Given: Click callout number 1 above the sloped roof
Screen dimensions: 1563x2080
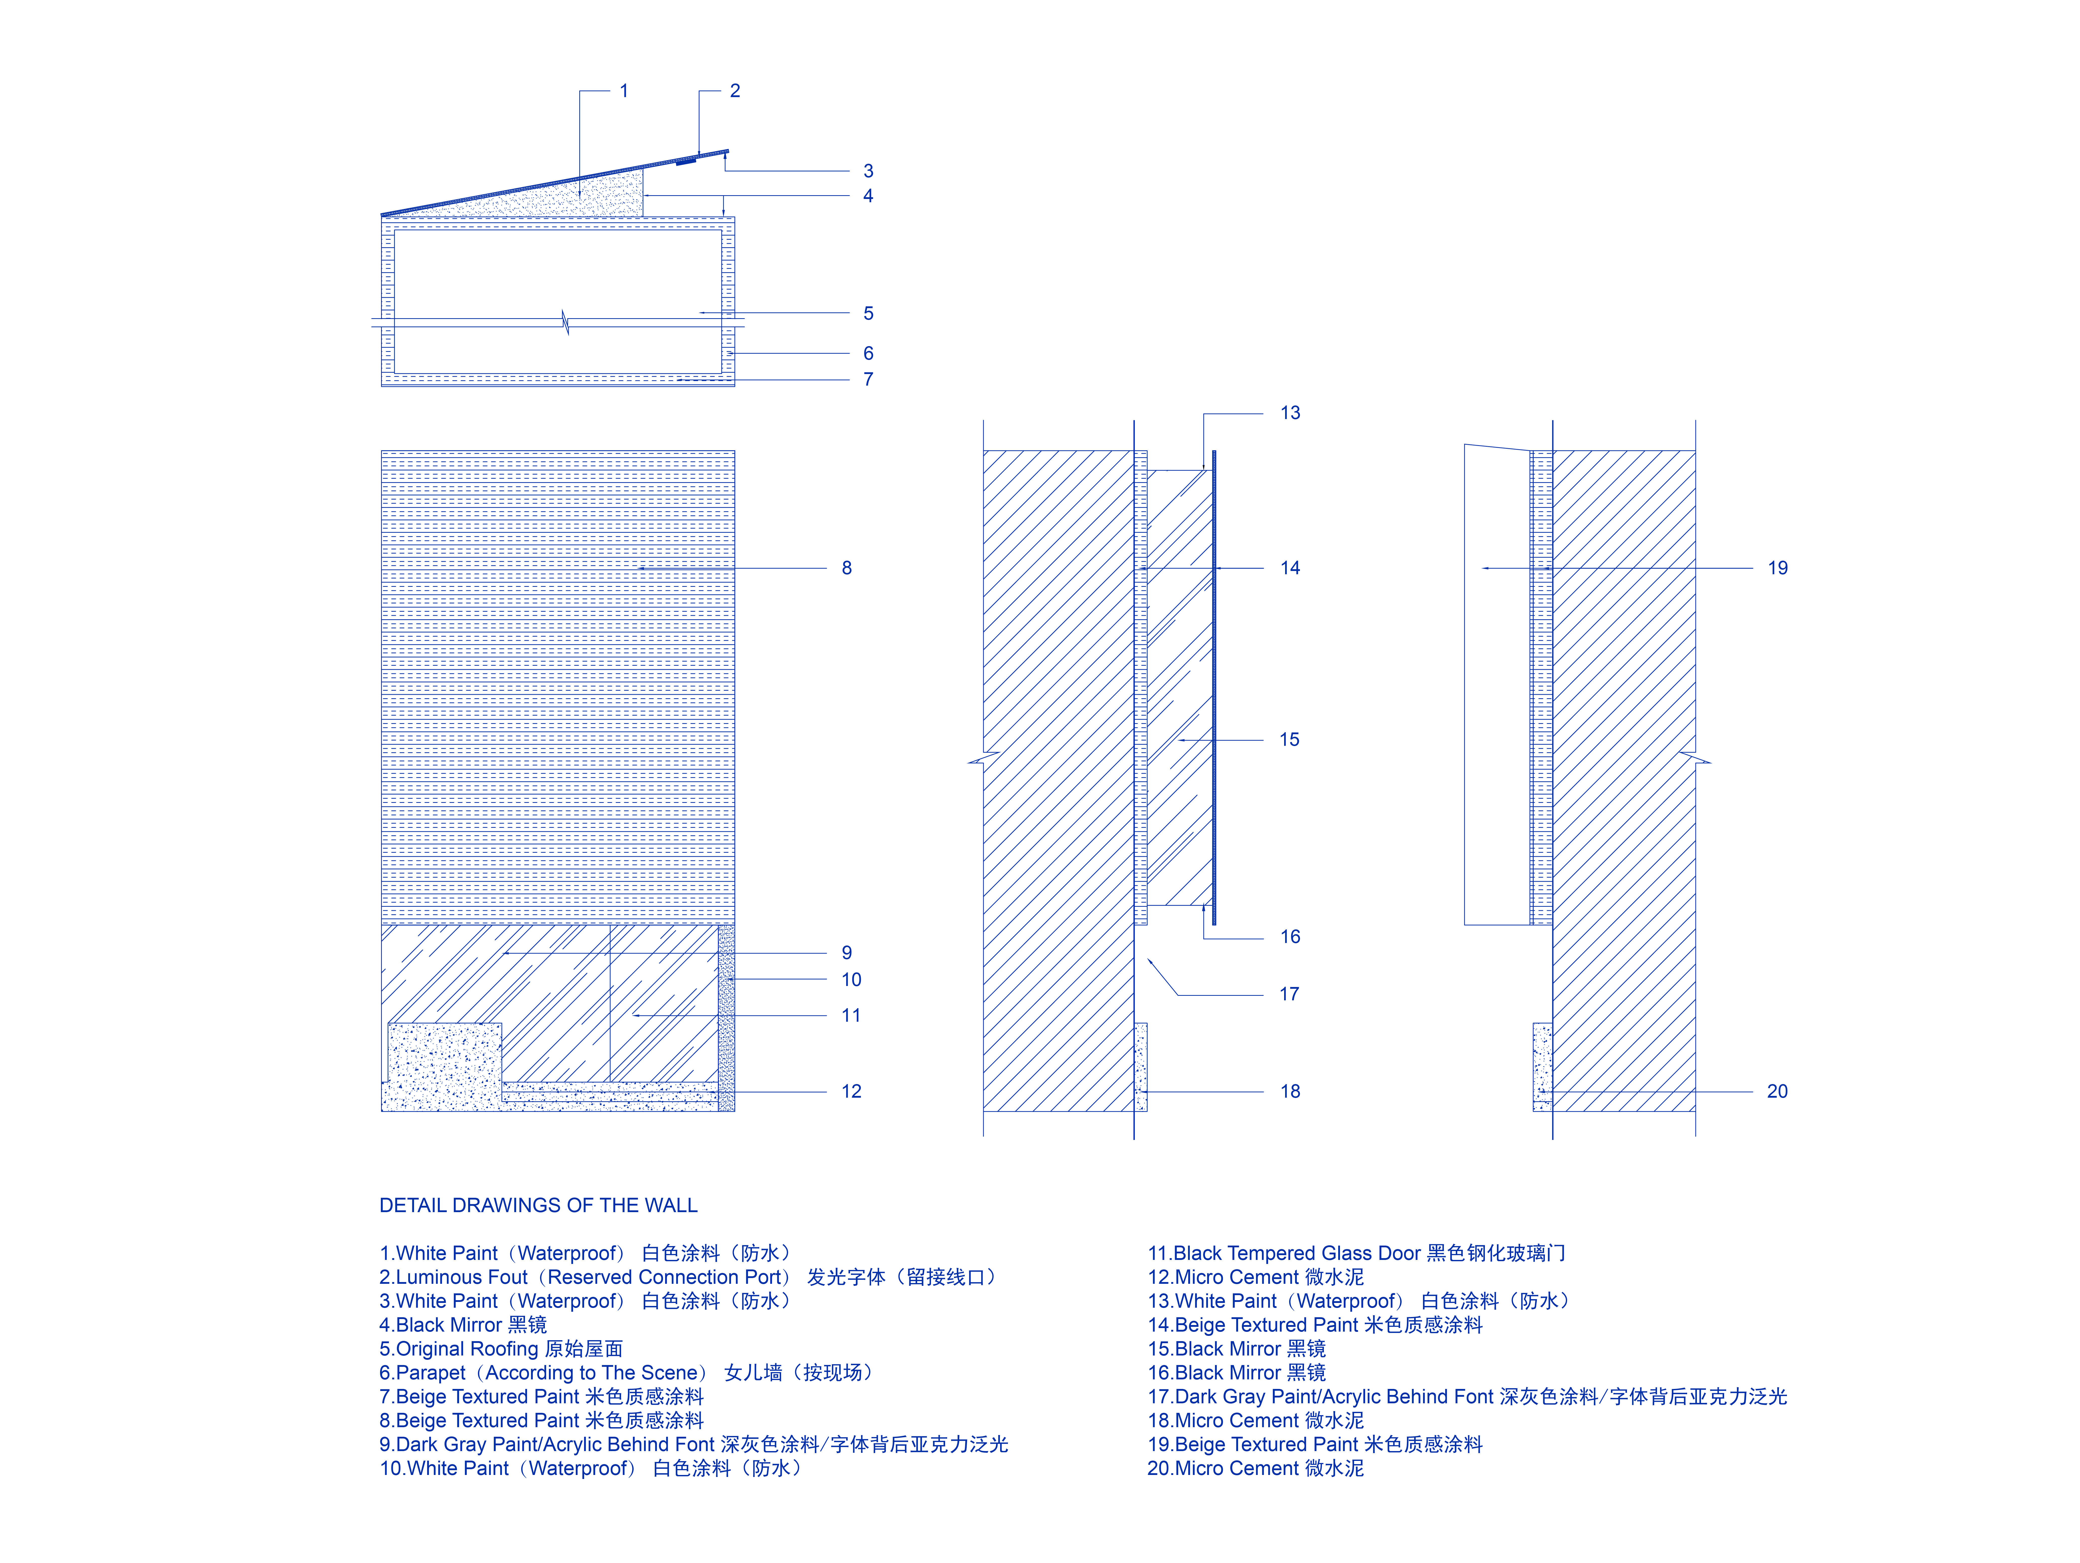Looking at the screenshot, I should (x=623, y=91).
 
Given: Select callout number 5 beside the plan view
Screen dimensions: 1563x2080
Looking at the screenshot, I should (x=868, y=313).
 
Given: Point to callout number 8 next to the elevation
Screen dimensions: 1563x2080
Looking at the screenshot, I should (x=846, y=568).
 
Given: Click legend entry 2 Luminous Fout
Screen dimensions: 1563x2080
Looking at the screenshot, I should (x=686, y=1277).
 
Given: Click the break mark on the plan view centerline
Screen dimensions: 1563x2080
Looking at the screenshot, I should (x=565, y=322).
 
